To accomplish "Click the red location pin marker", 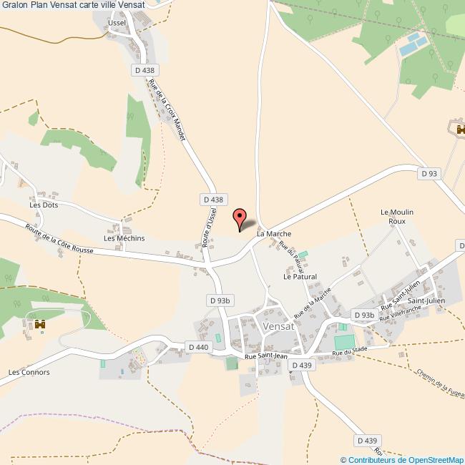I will click(x=240, y=218).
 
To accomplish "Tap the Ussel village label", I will click(x=117, y=23).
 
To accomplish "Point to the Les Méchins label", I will click(x=124, y=238).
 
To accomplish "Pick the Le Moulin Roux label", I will click(x=393, y=217).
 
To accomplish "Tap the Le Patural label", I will click(x=300, y=276).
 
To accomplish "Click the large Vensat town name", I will click(x=278, y=325).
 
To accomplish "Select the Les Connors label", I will click(x=29, y=372).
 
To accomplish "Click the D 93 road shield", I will click(x=429, y=173).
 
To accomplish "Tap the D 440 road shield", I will click(x=197, y=347).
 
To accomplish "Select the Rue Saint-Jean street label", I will click(x=265, y=356).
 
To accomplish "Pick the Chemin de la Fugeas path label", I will click(x=436, y=387).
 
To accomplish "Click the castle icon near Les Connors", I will click(x=40, y=324).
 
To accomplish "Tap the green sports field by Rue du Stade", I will click(x=344, y=342).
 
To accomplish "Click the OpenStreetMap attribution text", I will click(x=402, y=459).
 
